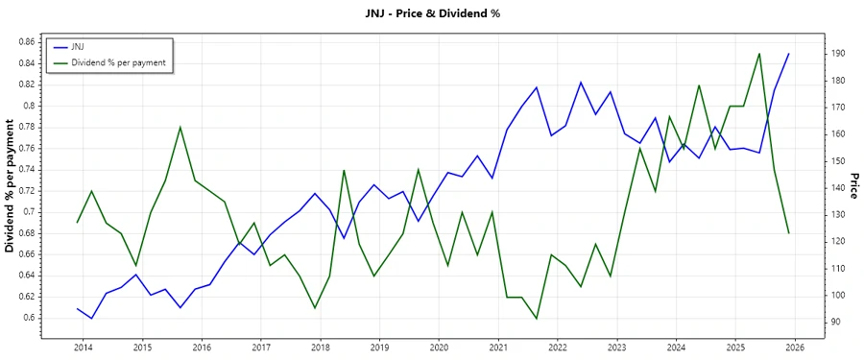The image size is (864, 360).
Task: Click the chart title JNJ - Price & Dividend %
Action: coord(432,12)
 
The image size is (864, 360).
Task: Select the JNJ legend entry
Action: coord(78,46)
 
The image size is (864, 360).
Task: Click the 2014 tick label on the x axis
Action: coord(83,347)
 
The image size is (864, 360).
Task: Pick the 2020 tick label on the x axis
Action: coord(439,347)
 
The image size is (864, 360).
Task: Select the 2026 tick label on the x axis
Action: coord(795,347)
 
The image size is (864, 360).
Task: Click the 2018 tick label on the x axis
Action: coord(320,347)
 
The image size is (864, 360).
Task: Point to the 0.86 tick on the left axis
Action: coord(26,42)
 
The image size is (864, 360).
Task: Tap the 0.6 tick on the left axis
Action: coord(29,318)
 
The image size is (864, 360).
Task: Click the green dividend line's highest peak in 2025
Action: coord(759,54)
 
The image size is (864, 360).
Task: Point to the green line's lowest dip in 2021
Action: coord(537,319)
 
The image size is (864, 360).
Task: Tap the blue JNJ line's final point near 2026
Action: coord(789,54)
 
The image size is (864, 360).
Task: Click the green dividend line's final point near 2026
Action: coord(789,233)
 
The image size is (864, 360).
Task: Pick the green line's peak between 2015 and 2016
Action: coord(180,127)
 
